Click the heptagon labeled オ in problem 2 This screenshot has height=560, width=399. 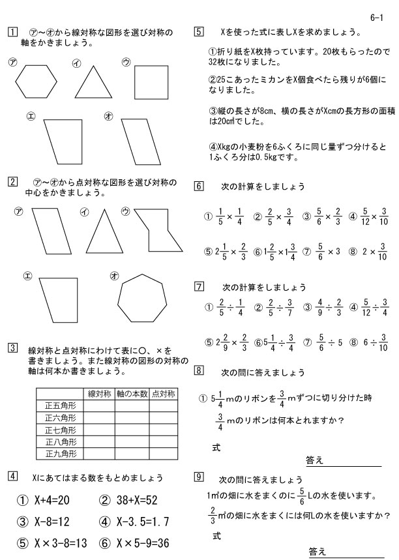141,299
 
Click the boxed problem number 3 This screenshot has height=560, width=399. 12,347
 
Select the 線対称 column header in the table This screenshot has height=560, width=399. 99,394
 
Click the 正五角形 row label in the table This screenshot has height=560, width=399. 61,405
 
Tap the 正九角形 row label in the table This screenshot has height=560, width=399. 61,453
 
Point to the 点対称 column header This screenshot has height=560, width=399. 163,394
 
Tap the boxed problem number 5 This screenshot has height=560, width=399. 199,31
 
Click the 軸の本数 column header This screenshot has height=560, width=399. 132,394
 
